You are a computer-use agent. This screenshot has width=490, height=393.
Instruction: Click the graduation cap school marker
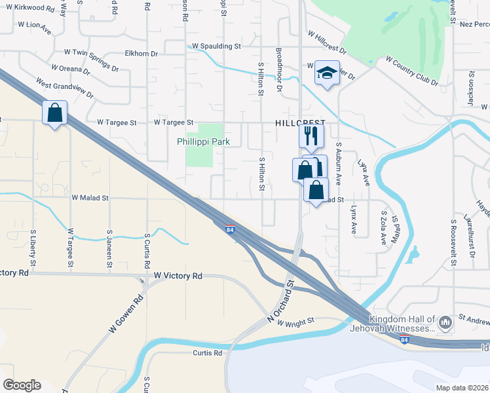(326, 72)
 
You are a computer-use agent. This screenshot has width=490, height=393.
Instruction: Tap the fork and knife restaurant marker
(311, 136)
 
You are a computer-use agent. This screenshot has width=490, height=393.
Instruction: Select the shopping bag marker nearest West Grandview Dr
(54, 113)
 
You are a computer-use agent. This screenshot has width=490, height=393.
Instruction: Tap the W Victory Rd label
(178, 276)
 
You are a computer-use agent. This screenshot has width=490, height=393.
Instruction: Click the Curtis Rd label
(207, 353)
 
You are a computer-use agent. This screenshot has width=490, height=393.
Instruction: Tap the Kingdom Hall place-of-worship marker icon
(445, 322)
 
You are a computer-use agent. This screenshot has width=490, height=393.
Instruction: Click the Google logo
(22, 385)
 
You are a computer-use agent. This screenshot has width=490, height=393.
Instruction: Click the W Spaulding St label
(216, 47)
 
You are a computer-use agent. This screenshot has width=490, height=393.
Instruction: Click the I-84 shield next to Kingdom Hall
(405, 340)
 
